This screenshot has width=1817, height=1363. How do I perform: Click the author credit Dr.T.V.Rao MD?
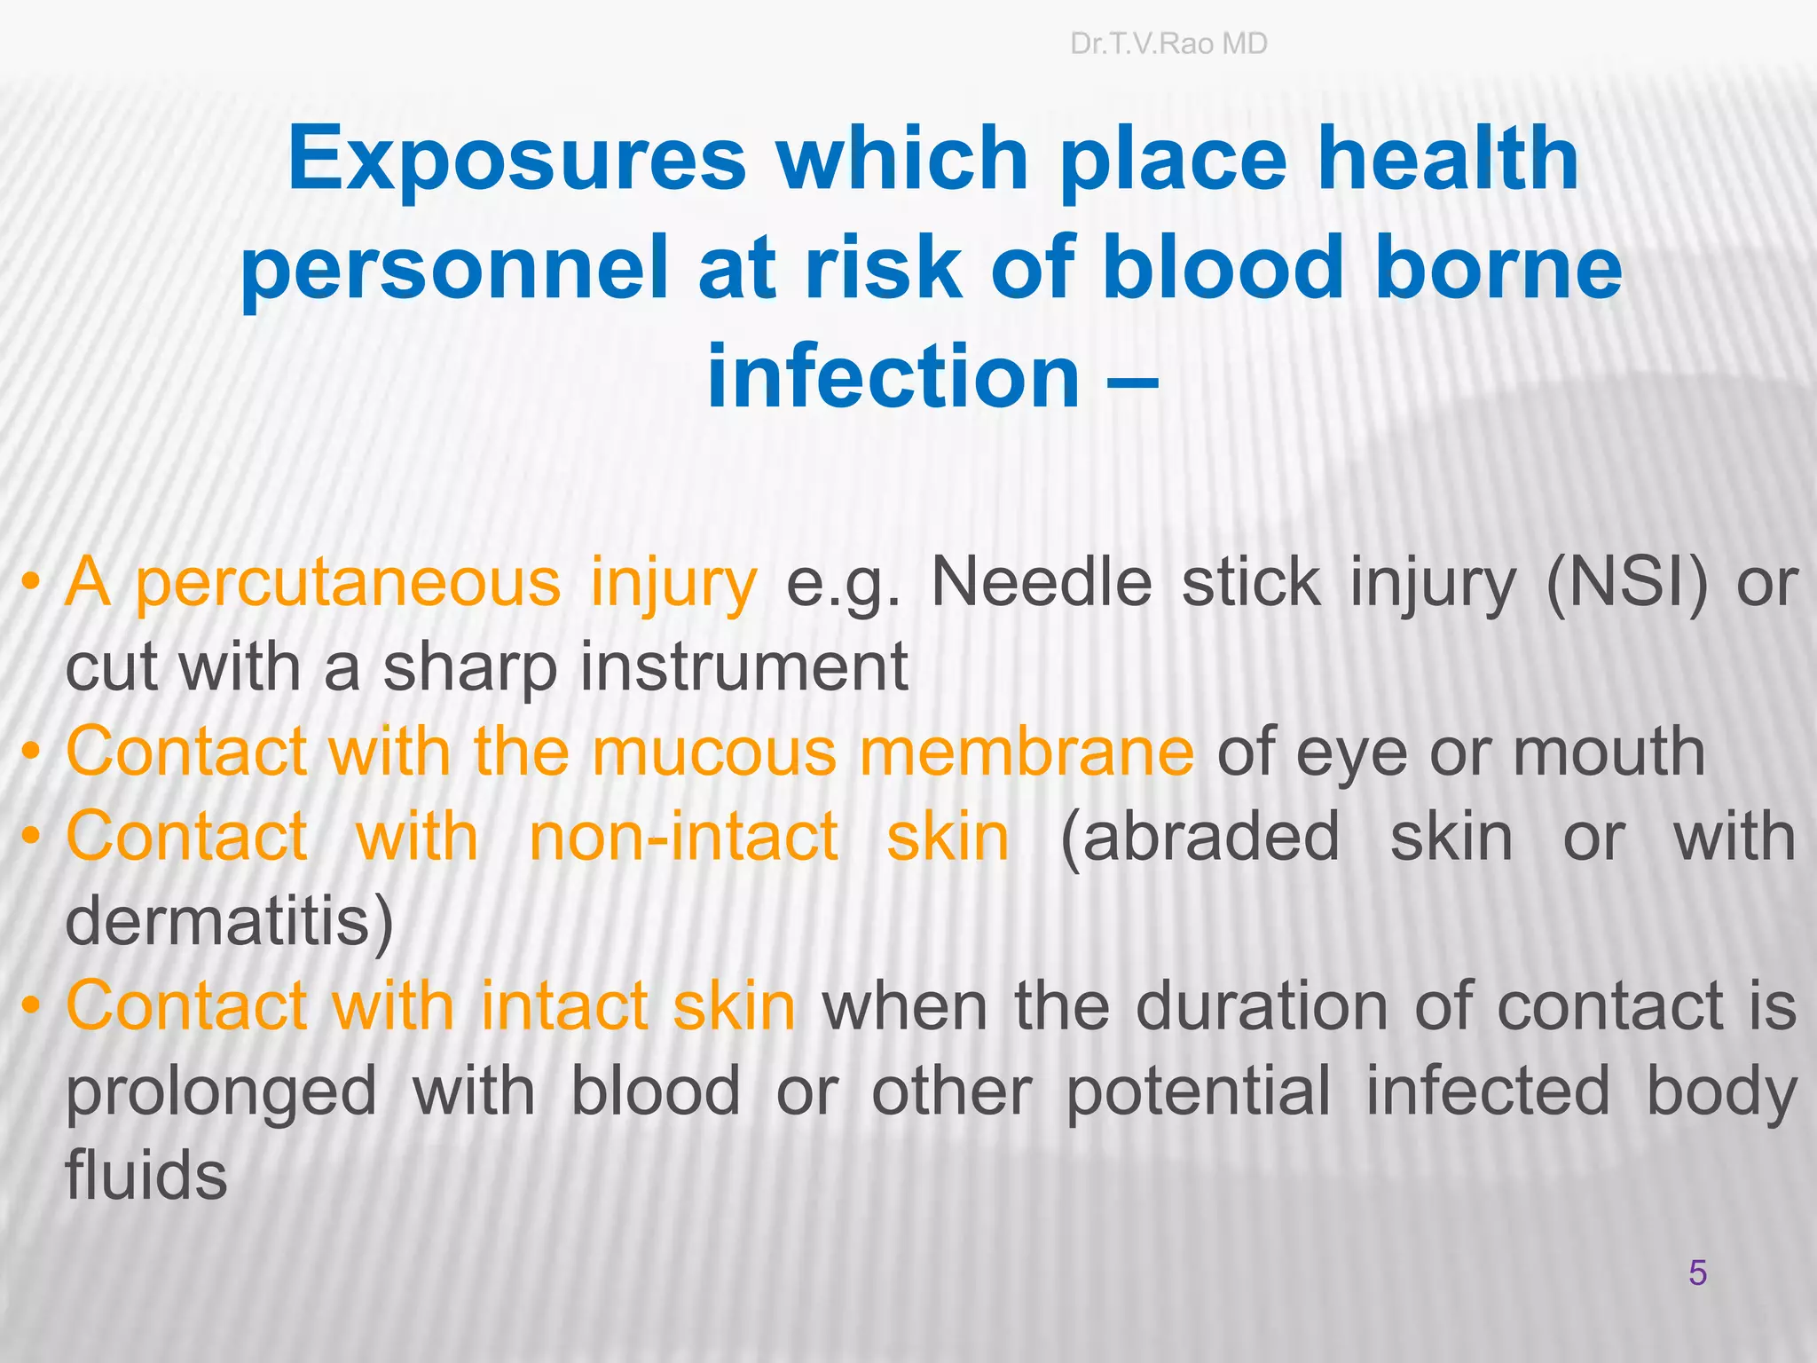click(x=1168, y=43)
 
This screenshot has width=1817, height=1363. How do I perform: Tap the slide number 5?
click(x=1697, y=1272)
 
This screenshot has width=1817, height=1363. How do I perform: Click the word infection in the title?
click(x=893, y=377)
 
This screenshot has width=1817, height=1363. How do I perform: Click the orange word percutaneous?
click(x=348, y=583)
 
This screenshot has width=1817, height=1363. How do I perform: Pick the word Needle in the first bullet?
click(x=1042, y=583)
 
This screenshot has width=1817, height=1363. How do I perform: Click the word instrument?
click(x=743, y=667)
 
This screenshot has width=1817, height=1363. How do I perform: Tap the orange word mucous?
click(x=714, y=752)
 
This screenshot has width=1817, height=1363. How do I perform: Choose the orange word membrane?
click(x=1026, y=752)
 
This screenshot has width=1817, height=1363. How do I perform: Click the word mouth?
click(x=1609, y=752)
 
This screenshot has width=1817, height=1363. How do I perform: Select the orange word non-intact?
click(x=683, y=836)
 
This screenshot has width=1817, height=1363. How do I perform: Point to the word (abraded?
click(x=1200, y=836)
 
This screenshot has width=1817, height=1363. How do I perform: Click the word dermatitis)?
click(x=230, y=921)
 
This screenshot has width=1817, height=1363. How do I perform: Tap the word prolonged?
click(x=221, y=1091)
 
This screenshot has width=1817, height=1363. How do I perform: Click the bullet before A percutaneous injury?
click(x=32, y=584)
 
